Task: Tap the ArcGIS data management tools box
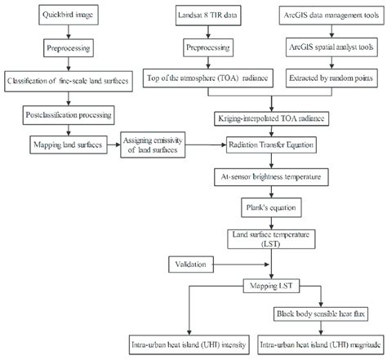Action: [x=326, y=16]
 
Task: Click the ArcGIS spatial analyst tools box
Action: [x=326, y=48]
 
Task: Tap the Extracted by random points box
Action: [x=326, y=80]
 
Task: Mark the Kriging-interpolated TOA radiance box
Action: [x=268, y=118]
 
